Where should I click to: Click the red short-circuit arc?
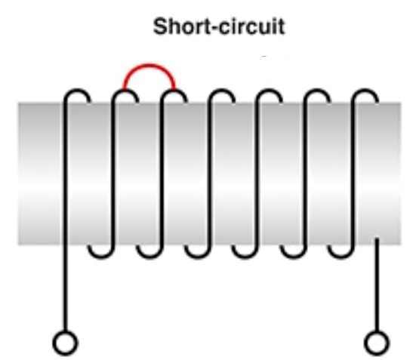tap(149, 65)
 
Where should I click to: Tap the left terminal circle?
tap(66, 343)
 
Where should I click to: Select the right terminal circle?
tap(377, 343)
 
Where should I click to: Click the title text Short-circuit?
tap(219, 26)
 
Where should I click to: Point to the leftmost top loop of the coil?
tap(77, 91)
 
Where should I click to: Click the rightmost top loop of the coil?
tap(365, 91)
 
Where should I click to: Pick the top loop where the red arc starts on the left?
tap(125, 91)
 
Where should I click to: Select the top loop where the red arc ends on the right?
tap(174, 91)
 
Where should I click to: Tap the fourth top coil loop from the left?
tap(221, 91)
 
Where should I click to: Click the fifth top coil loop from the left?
tap(269, 91)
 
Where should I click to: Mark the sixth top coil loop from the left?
tap(317, 91)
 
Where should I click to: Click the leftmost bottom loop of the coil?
tap(102, 257)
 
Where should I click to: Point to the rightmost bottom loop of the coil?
tap(341, 257)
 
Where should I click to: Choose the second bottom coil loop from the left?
tap(149, 257)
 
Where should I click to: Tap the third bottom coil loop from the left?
tap(198, 257)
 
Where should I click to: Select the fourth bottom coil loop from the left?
tap(245, 257)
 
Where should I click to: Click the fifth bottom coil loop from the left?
tap(293, 257)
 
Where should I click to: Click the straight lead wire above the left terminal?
tap(66, 288)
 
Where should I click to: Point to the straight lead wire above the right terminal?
tap(377, 285)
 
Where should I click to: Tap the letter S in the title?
tap(160, 26)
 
